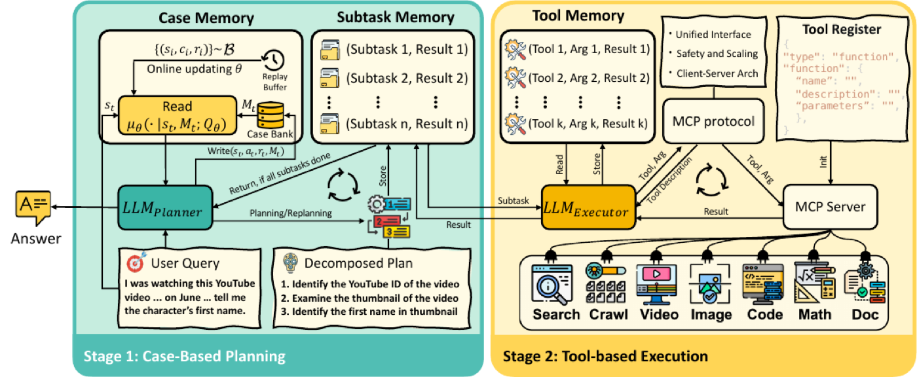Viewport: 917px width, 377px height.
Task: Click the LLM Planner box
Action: [x=165, y=207]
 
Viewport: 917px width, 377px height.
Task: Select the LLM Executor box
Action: [x=588, y=207]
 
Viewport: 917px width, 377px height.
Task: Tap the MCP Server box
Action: [x=831, y=207]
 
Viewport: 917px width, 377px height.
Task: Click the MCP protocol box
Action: [x=713, y=121]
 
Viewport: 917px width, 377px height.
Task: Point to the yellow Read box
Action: [x=178, y=115]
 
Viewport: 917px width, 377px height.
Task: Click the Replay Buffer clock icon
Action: [x=274, y=60]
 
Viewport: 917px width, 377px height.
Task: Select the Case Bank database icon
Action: [x=270, y=115]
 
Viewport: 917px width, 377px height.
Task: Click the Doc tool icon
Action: [x=865, y=284]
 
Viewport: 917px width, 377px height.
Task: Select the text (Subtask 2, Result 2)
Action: [x=407, y=78]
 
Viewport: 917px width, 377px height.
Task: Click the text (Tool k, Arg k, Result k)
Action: [x=588, y=124]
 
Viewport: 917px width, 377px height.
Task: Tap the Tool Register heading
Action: [x=842, y=29]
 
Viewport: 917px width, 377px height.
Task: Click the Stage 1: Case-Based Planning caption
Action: [x=184, y=356]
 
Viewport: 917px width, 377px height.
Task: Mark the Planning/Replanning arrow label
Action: [x=291, y=213]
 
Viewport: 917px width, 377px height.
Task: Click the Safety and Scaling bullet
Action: [x=717, y=54]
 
